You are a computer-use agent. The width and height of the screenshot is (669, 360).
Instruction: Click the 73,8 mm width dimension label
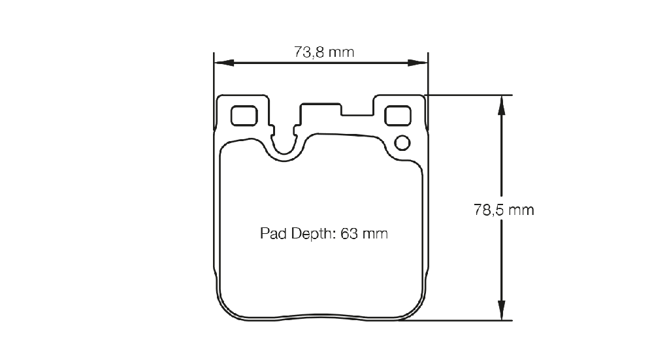(x=324, y=52)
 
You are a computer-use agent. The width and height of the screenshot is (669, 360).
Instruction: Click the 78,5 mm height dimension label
(x=504, y=210)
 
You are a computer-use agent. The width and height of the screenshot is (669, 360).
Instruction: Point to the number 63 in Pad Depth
(x=349, y=234)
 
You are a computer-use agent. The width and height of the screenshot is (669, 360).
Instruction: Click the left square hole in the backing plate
(x=244, y=116)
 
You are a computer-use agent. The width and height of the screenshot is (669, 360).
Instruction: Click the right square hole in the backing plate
(x=398, y=116)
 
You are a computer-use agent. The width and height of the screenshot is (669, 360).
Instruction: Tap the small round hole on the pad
(x=402, y=143)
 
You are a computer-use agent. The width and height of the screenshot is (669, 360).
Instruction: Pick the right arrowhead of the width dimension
(x=417, y=63)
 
